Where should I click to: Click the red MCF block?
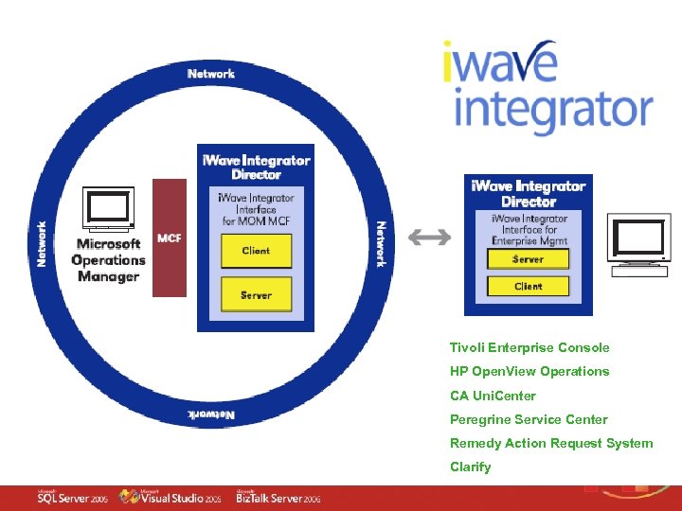pos(170,238)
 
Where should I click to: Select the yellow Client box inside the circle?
pos(256,251)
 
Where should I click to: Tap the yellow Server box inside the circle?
pos(256,294)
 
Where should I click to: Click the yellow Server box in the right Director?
pos(528,259)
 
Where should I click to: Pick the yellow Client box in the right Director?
pos(528,286)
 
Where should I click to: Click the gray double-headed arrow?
pos(429,238)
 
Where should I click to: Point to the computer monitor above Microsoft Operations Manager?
pos(107,210)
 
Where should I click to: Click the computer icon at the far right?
pos(639,247)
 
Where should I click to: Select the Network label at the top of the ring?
pos(210,74)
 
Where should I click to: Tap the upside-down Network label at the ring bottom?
pos(210,414)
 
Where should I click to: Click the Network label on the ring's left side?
pos(42,243)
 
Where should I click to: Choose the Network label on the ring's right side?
pos(381,244)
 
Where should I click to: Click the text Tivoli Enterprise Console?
pos(529,347)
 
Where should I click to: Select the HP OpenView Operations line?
pos(529,371)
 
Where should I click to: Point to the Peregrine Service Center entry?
pos(529,419)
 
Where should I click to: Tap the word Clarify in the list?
pos(471,467)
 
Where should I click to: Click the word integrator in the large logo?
pos(552,110)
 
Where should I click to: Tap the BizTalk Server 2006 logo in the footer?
pos(278,498)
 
